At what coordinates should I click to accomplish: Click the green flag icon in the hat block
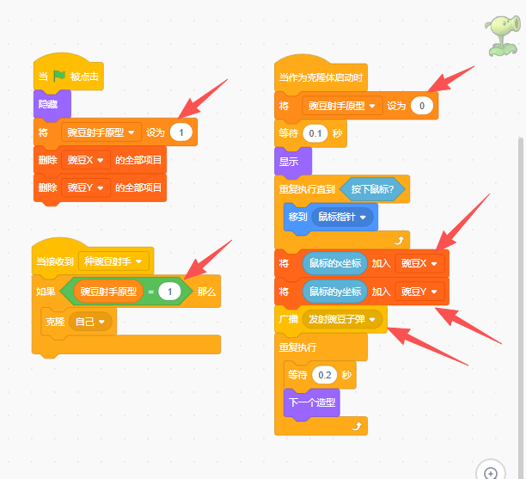[x=59, y=77]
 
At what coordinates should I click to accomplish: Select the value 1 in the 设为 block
[x=181, y=132]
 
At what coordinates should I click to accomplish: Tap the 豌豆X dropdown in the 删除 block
[x=86, y=160]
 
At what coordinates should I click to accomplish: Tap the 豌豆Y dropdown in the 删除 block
[x=86, y=187]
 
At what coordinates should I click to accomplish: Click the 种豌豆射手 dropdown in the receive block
[x=113, y=261]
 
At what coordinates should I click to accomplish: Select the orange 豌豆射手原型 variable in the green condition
[x=108, y=292]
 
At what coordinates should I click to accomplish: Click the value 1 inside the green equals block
[x=169, y=292]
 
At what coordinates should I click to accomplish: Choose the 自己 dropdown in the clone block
[x=90, y=322]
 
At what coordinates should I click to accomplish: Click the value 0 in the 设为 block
[x=422, y=106]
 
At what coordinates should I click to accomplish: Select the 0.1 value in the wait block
[x=315, y=133]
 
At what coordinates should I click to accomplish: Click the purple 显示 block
[x=293, y=162]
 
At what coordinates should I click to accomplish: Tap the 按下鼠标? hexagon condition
[x=372, y=189]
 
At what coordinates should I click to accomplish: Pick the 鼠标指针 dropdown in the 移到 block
[x=342, y=218]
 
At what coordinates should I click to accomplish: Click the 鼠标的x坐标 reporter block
[x=335, y=263]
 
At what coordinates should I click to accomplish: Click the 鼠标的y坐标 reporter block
[x=335, y=292]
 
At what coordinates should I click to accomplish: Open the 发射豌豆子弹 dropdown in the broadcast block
[x=342, y=319]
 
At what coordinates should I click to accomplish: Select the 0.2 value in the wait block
[x=324, y=375]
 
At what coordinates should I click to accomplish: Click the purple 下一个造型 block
[x=312, y=402]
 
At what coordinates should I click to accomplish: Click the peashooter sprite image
[x=503, y=36]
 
